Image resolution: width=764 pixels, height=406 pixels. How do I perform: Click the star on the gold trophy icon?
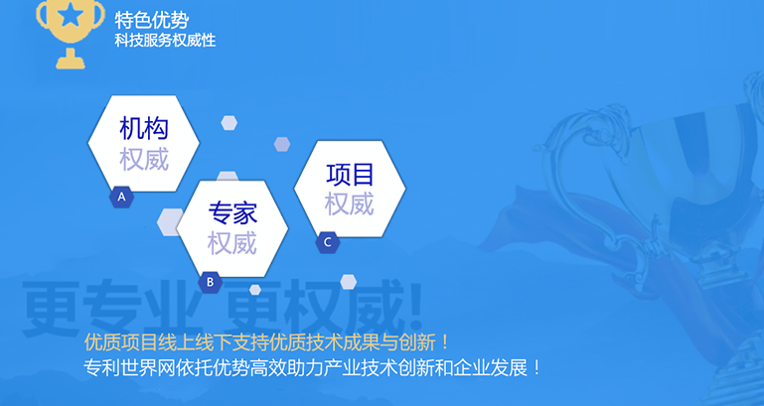(71, 16)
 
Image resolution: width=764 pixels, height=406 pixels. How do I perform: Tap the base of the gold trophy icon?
(71, 60)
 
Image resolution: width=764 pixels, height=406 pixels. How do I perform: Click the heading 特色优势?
(152, 21)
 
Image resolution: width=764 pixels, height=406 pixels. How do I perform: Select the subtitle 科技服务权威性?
(165, 40)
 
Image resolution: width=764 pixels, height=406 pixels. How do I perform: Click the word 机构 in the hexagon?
(144, 128)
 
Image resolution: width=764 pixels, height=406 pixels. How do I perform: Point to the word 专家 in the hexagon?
(232, 212)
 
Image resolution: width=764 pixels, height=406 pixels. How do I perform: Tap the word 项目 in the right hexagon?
(350, 174)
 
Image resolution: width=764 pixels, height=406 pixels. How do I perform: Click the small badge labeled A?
(121, 198)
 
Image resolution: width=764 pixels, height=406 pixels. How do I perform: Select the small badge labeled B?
(210, 282)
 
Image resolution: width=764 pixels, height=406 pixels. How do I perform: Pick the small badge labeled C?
(328, 242)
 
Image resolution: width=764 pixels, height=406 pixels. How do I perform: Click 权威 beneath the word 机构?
(144, 159)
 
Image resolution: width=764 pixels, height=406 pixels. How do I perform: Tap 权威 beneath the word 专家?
(232, 243)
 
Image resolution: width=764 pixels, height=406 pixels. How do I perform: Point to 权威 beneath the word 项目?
(350, 203)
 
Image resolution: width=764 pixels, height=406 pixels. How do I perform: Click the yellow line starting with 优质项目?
(266, 342)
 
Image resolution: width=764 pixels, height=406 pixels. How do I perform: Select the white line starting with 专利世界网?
(312, 367)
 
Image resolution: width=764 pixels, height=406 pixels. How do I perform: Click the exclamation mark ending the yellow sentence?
(444, 342)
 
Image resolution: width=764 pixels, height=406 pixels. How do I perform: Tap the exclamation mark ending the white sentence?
(536, 367)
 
